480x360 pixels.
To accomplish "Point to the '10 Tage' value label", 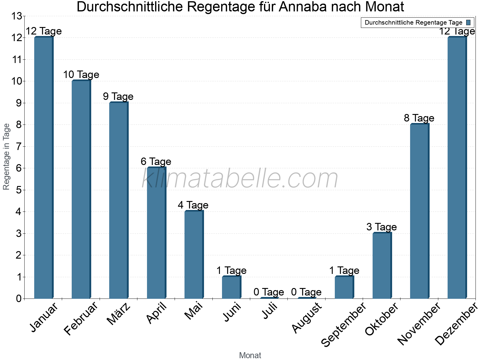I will [x=81, y=75].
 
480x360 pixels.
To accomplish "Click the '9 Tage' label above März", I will [x=118, y=97].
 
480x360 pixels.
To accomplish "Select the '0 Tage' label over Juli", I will [x=269, y=292].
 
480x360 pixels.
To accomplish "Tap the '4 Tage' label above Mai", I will [x=193, y=205].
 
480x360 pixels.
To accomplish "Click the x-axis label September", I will [x=344, y=324].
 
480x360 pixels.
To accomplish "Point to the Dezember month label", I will [x=456, y=324].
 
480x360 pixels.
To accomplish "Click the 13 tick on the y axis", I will [x=17, y=16].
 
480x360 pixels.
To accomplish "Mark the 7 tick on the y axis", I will [x=19, y=146].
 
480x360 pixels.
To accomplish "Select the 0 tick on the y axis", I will [x=19, y=298].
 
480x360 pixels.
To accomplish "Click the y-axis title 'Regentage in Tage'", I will [x=6, y=157].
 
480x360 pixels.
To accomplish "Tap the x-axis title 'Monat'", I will [x=250, y=355].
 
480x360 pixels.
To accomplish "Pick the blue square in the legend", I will [x=469, y=22].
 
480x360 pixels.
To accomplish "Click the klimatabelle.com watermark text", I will [x=240, y=179].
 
